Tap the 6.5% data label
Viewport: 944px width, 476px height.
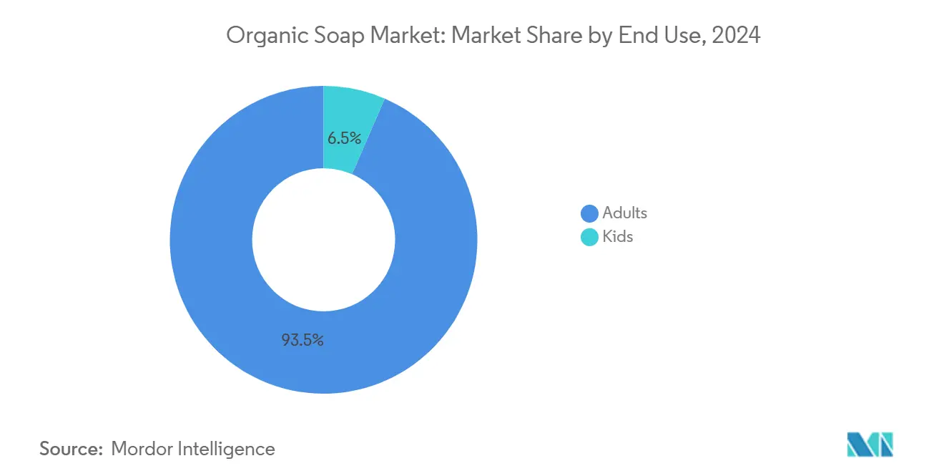[x=344, y=138]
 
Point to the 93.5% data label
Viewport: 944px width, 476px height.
[x=302, y=341]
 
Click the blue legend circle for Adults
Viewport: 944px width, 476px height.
[x=589, y=213]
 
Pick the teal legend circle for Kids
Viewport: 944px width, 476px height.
[x=589, y=237]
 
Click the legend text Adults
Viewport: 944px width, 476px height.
[x=624, y=213]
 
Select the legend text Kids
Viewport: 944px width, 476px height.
[x=618, y=236]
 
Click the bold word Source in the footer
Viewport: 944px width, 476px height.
[x=70, y=449]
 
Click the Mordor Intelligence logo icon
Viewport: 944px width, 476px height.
[x=870, y=445]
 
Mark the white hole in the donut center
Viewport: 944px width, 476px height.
[x=323, y=240]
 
